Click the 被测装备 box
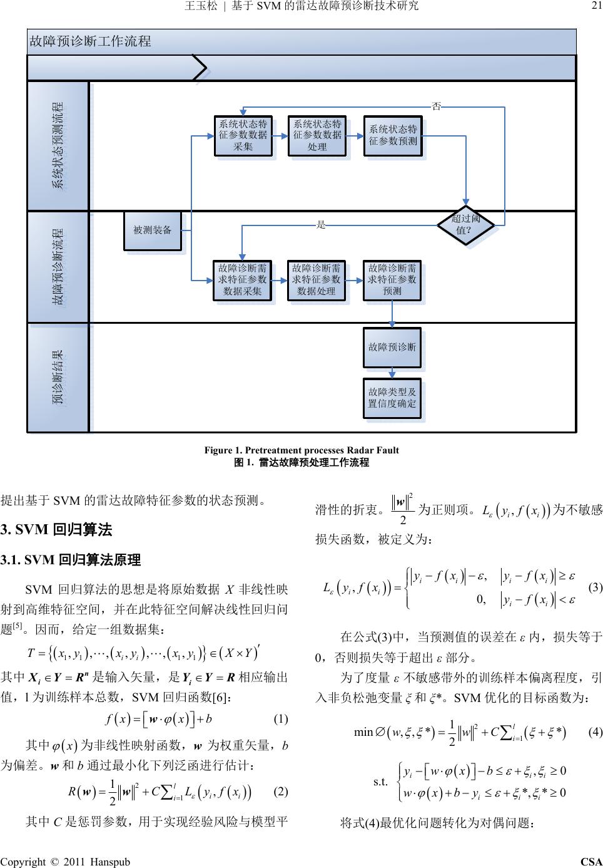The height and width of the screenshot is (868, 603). [153, 230]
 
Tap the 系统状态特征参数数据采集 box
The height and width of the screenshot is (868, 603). [243, 135]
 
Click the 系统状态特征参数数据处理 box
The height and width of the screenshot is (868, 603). [317, 135]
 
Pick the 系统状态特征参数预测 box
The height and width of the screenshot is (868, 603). [392, 135]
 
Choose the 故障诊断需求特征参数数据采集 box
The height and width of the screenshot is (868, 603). [243, 280]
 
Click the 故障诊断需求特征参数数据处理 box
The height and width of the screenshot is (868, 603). [317, 280]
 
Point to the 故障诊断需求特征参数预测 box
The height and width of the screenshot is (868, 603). [392, 280]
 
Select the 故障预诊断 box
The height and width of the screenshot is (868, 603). [392, 347]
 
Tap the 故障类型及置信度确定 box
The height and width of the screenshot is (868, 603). [392, 398]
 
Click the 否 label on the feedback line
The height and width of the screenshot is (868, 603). [437, 106]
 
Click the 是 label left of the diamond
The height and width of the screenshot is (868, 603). [321, 224]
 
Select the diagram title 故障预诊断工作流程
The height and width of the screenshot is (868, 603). [91, 42]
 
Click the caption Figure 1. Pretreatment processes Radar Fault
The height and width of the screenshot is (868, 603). [301, 450]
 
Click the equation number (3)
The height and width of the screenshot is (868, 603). [595, 587]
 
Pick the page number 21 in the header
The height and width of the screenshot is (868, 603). [595, 6]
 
